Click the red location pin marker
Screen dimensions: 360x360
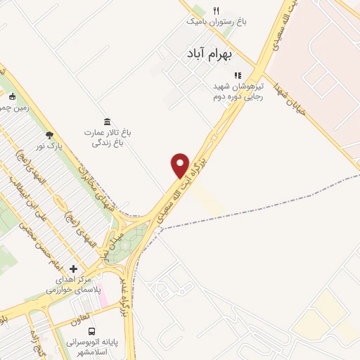click(x=180, y=165)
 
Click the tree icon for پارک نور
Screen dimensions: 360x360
click(x=49, y=135)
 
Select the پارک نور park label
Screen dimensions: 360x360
click(x=51, y=146)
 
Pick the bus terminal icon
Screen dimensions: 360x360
click(x=91, y=330)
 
